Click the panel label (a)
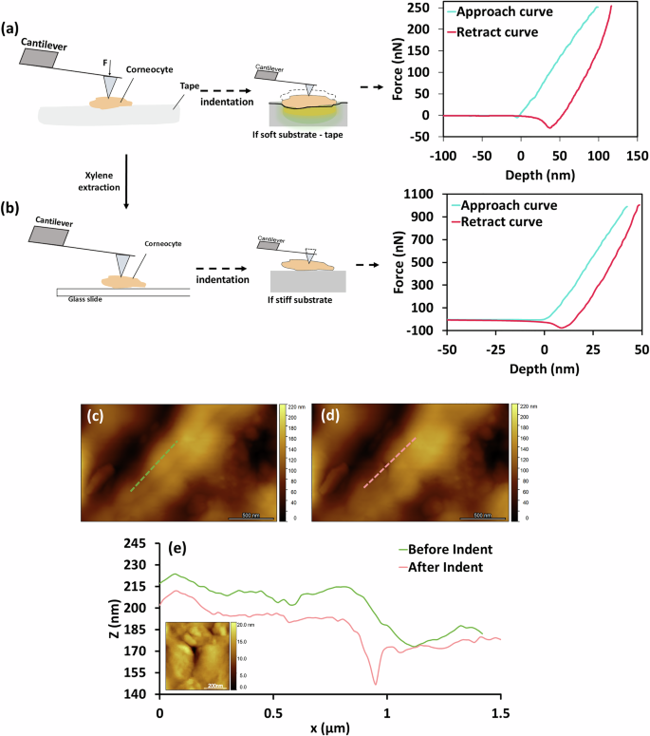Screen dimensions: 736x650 (x=11, y=12)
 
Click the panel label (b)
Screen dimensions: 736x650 (x=11, y=203)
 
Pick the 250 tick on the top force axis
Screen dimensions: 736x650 (x=414, y=8)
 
